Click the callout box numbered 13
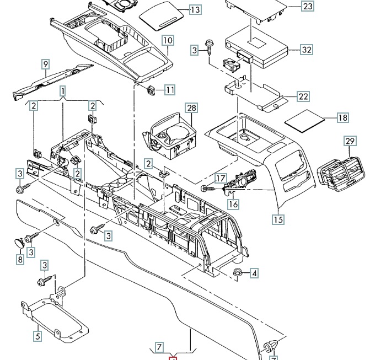(195, 10)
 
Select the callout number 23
(308, 6)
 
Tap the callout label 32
(307, 50)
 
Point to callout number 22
(303, 96)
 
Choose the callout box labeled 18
(342, 117)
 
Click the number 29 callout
(350, 141)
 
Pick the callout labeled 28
(192, 108)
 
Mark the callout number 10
(168, 40)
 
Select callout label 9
(46, 65)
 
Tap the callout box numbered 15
(278, 219)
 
